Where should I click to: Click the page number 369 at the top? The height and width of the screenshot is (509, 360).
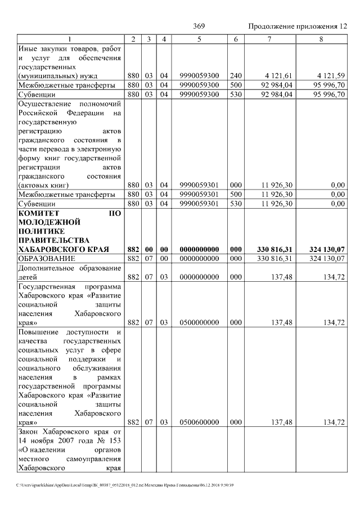click(199, 26)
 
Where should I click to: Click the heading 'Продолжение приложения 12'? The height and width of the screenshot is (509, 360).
click(297, 26)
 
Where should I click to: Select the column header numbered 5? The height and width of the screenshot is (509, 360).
click(199, 39)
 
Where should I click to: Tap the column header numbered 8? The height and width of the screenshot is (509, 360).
click(321, 39)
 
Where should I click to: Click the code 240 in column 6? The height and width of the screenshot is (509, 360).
click(236, 75)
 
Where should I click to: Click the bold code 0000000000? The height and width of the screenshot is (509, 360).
click(199, 249)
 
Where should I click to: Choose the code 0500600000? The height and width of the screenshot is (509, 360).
click(199, 422)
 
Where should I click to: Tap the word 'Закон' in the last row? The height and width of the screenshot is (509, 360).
click(29, 431)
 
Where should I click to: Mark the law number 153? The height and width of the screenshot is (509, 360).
click(116, 440)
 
